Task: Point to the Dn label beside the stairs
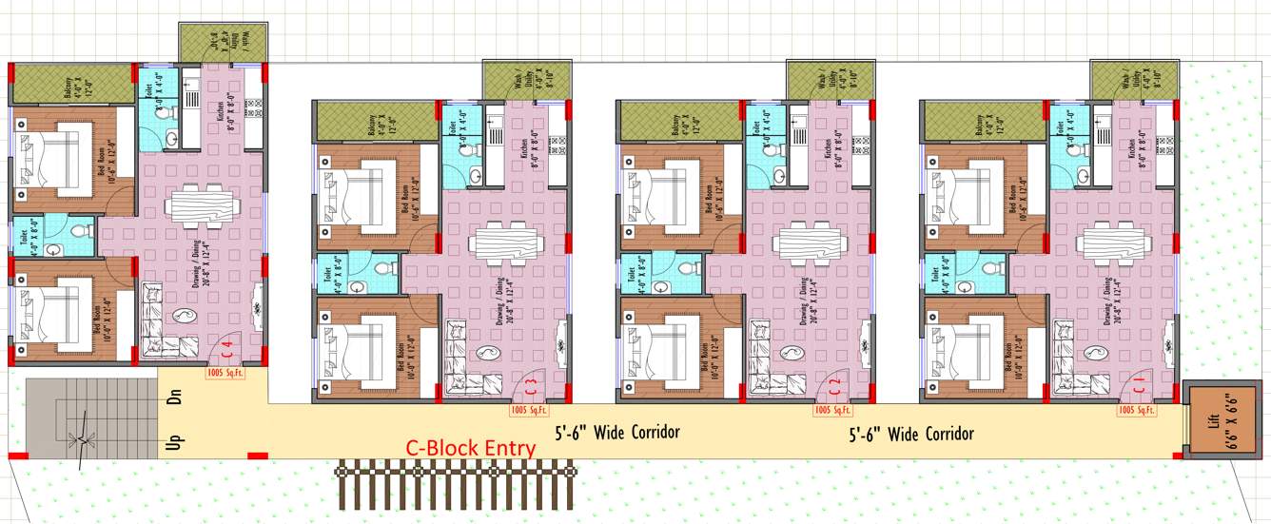click(174, 398)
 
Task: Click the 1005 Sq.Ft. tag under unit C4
click(225, 374)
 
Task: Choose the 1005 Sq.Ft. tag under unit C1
click(1137, 410)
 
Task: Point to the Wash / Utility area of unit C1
click(1133, 79)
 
